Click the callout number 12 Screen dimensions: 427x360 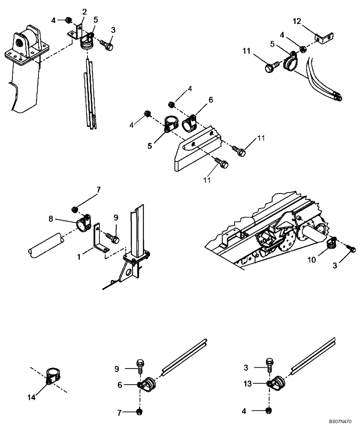tap(297, 20)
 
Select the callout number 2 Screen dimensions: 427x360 tap(84, 11)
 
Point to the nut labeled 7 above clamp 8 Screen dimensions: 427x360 tap(75, 209)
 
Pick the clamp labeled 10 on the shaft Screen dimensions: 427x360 tap(331, 244)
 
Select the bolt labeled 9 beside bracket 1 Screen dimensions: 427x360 tap(113, 235)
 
